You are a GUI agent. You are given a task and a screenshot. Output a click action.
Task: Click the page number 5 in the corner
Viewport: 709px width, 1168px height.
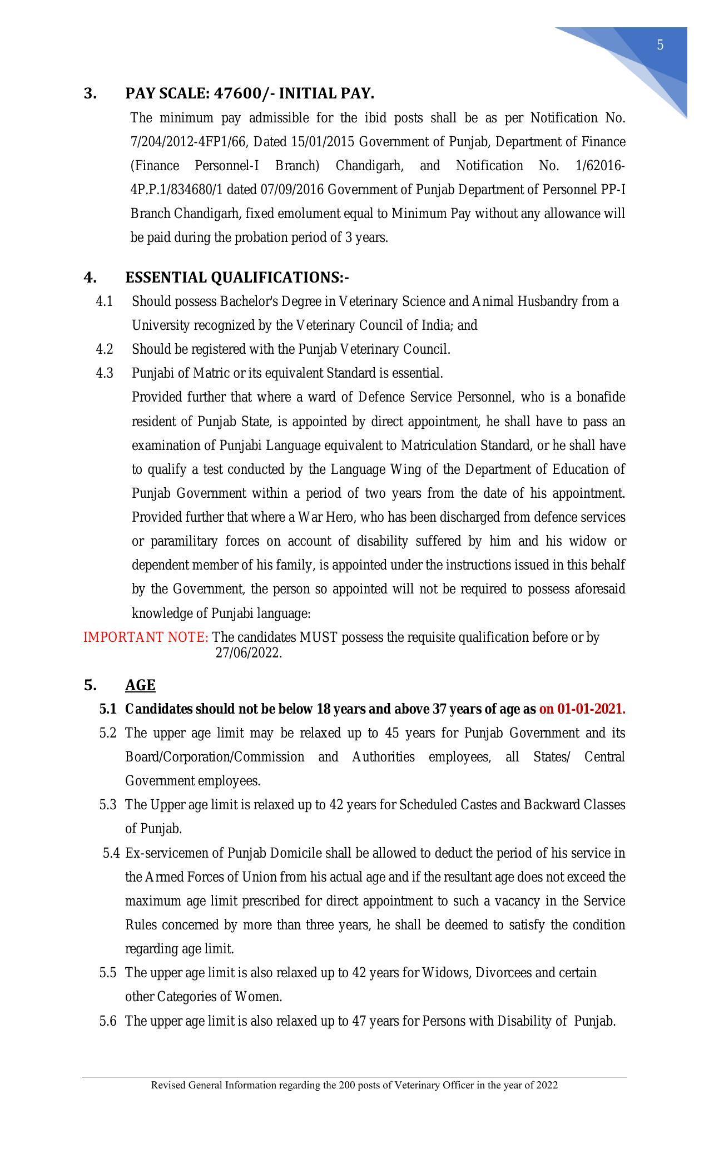pos(660,45)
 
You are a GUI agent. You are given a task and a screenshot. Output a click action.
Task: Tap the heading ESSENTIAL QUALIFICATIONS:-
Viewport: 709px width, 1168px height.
pos(237,277)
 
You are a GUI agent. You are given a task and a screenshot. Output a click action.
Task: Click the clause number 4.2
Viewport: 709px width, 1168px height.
pos(105,349)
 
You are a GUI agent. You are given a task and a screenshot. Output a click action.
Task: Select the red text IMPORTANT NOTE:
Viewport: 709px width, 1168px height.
pos(146,637)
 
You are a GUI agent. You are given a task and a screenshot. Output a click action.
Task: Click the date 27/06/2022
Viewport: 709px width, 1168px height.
pos(249,653)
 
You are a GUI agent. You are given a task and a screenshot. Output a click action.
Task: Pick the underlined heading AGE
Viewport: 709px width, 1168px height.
pos(140,685)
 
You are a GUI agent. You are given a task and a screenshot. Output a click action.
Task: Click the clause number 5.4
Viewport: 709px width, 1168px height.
pos(111,853)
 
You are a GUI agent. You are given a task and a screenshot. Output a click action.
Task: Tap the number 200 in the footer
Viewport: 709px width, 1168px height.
pos(346,1085)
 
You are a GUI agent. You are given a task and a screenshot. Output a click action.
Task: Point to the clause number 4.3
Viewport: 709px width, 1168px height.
pos(105,373)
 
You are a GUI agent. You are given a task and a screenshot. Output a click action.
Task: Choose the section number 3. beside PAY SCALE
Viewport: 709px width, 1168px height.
pos(90,93)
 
